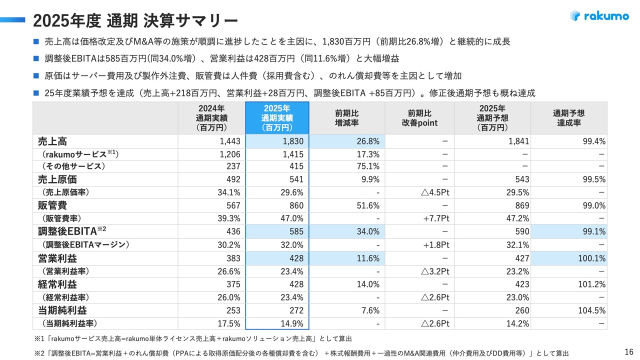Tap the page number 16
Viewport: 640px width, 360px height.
pos(629,351)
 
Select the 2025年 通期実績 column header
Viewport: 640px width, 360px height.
pos(277,118)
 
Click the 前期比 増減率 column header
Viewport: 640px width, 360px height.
pos(347,118)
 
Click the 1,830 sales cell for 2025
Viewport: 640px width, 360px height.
pos(293,141)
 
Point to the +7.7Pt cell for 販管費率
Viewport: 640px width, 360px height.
pos(436,218)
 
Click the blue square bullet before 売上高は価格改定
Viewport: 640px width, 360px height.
pos(36,41)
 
